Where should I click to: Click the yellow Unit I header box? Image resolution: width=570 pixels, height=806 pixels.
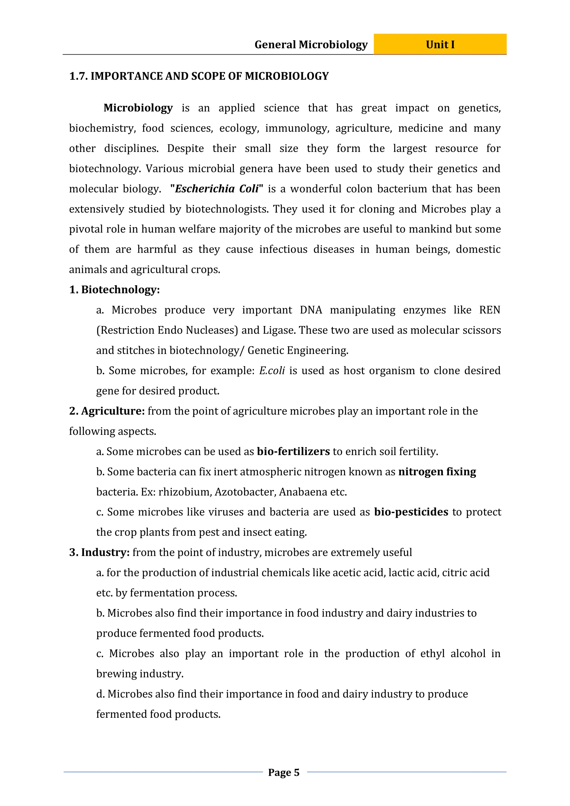coord(440,44)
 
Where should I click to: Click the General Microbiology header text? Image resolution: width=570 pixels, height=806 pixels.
coord(311,45)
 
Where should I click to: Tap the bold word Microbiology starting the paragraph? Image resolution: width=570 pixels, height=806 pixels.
coord(138,108)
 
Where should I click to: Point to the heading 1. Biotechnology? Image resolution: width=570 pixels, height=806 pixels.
coord(114,290)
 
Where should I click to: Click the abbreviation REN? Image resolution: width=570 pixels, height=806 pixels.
coord(490,310)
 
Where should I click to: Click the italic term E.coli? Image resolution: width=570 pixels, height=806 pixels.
coord(272,371)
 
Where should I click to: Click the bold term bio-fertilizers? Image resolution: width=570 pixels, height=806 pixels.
coord(293,452)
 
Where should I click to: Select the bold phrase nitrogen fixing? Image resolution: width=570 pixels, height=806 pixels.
coord(437,472)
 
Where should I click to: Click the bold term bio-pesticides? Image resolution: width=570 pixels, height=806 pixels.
coord(411,512)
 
